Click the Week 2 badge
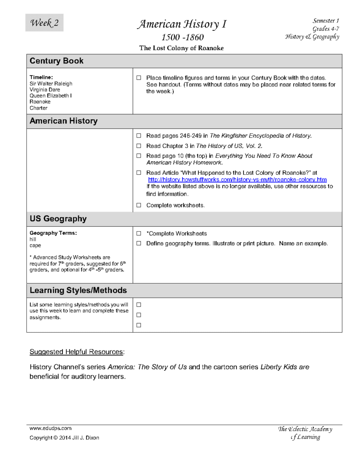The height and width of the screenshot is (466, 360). [44, 23]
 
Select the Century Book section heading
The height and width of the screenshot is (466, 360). [56, 61]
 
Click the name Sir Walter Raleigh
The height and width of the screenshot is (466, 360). [51, 84]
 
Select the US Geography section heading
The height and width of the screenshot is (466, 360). [58, 219]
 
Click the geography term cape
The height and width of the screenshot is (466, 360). [35, 245]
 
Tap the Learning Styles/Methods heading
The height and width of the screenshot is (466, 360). [78, 290]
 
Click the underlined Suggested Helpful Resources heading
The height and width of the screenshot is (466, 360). [77, 352]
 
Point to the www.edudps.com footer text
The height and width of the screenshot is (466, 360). [50, 428]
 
